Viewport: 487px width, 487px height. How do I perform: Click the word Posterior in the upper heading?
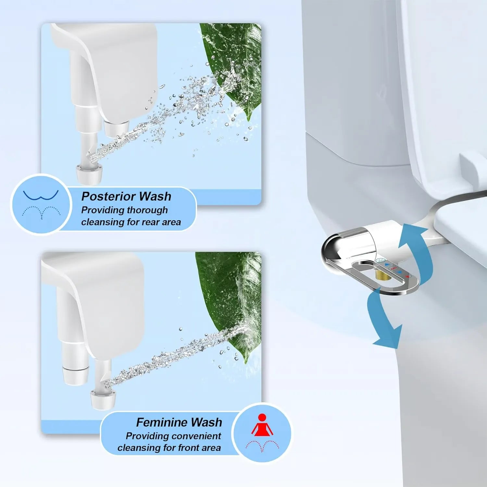point(108,196)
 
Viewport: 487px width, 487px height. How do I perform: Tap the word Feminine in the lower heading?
point(157,422)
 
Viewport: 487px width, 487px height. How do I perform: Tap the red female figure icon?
point(262,425)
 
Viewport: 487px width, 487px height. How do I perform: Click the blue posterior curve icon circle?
point(41,204)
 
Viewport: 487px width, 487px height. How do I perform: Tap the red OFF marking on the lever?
point(393,268)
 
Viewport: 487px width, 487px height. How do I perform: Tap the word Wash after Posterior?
point(155,196)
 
